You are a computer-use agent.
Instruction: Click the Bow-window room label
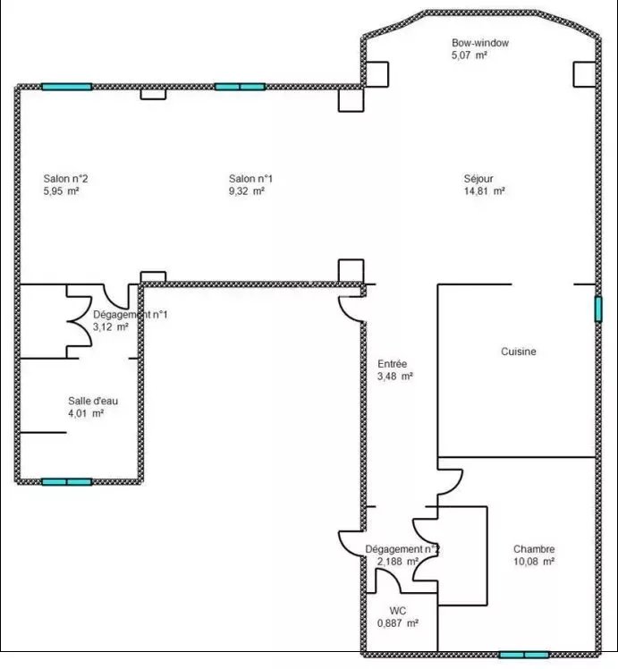[480, 43]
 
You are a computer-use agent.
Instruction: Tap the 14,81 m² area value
[485, 191]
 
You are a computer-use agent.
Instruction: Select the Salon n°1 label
[250, 179]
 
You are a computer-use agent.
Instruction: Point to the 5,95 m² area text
[61, 191]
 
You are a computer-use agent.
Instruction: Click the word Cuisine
[519, 351]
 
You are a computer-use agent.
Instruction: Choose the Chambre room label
[534, 549]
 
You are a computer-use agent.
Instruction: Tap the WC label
[397, 611]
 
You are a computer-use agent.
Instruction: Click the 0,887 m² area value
[397, 622]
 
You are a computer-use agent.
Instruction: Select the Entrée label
[393, 364]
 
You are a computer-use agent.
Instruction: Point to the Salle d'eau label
[93, 401]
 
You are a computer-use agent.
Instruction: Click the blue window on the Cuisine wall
[598, 309]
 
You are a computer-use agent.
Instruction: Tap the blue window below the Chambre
[524, 655]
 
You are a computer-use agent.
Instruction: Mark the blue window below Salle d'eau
[67, 482]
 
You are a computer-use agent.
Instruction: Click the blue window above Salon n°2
[66, 87]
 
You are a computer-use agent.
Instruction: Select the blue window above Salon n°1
[240, 87]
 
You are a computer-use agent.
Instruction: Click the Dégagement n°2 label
[402, 549]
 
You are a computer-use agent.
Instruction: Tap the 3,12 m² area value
[111, 326]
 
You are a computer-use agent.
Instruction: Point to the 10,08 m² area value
[534, 562]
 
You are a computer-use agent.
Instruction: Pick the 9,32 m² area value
[247, 191]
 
